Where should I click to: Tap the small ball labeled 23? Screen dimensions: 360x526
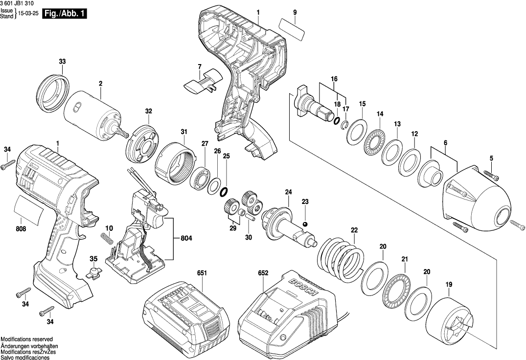[x=305, y=224]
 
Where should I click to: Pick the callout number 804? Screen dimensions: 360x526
[x=186, y=238]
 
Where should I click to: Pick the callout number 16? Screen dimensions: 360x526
[x=334, y=79]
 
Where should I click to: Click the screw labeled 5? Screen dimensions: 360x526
[x=491, y=175]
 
